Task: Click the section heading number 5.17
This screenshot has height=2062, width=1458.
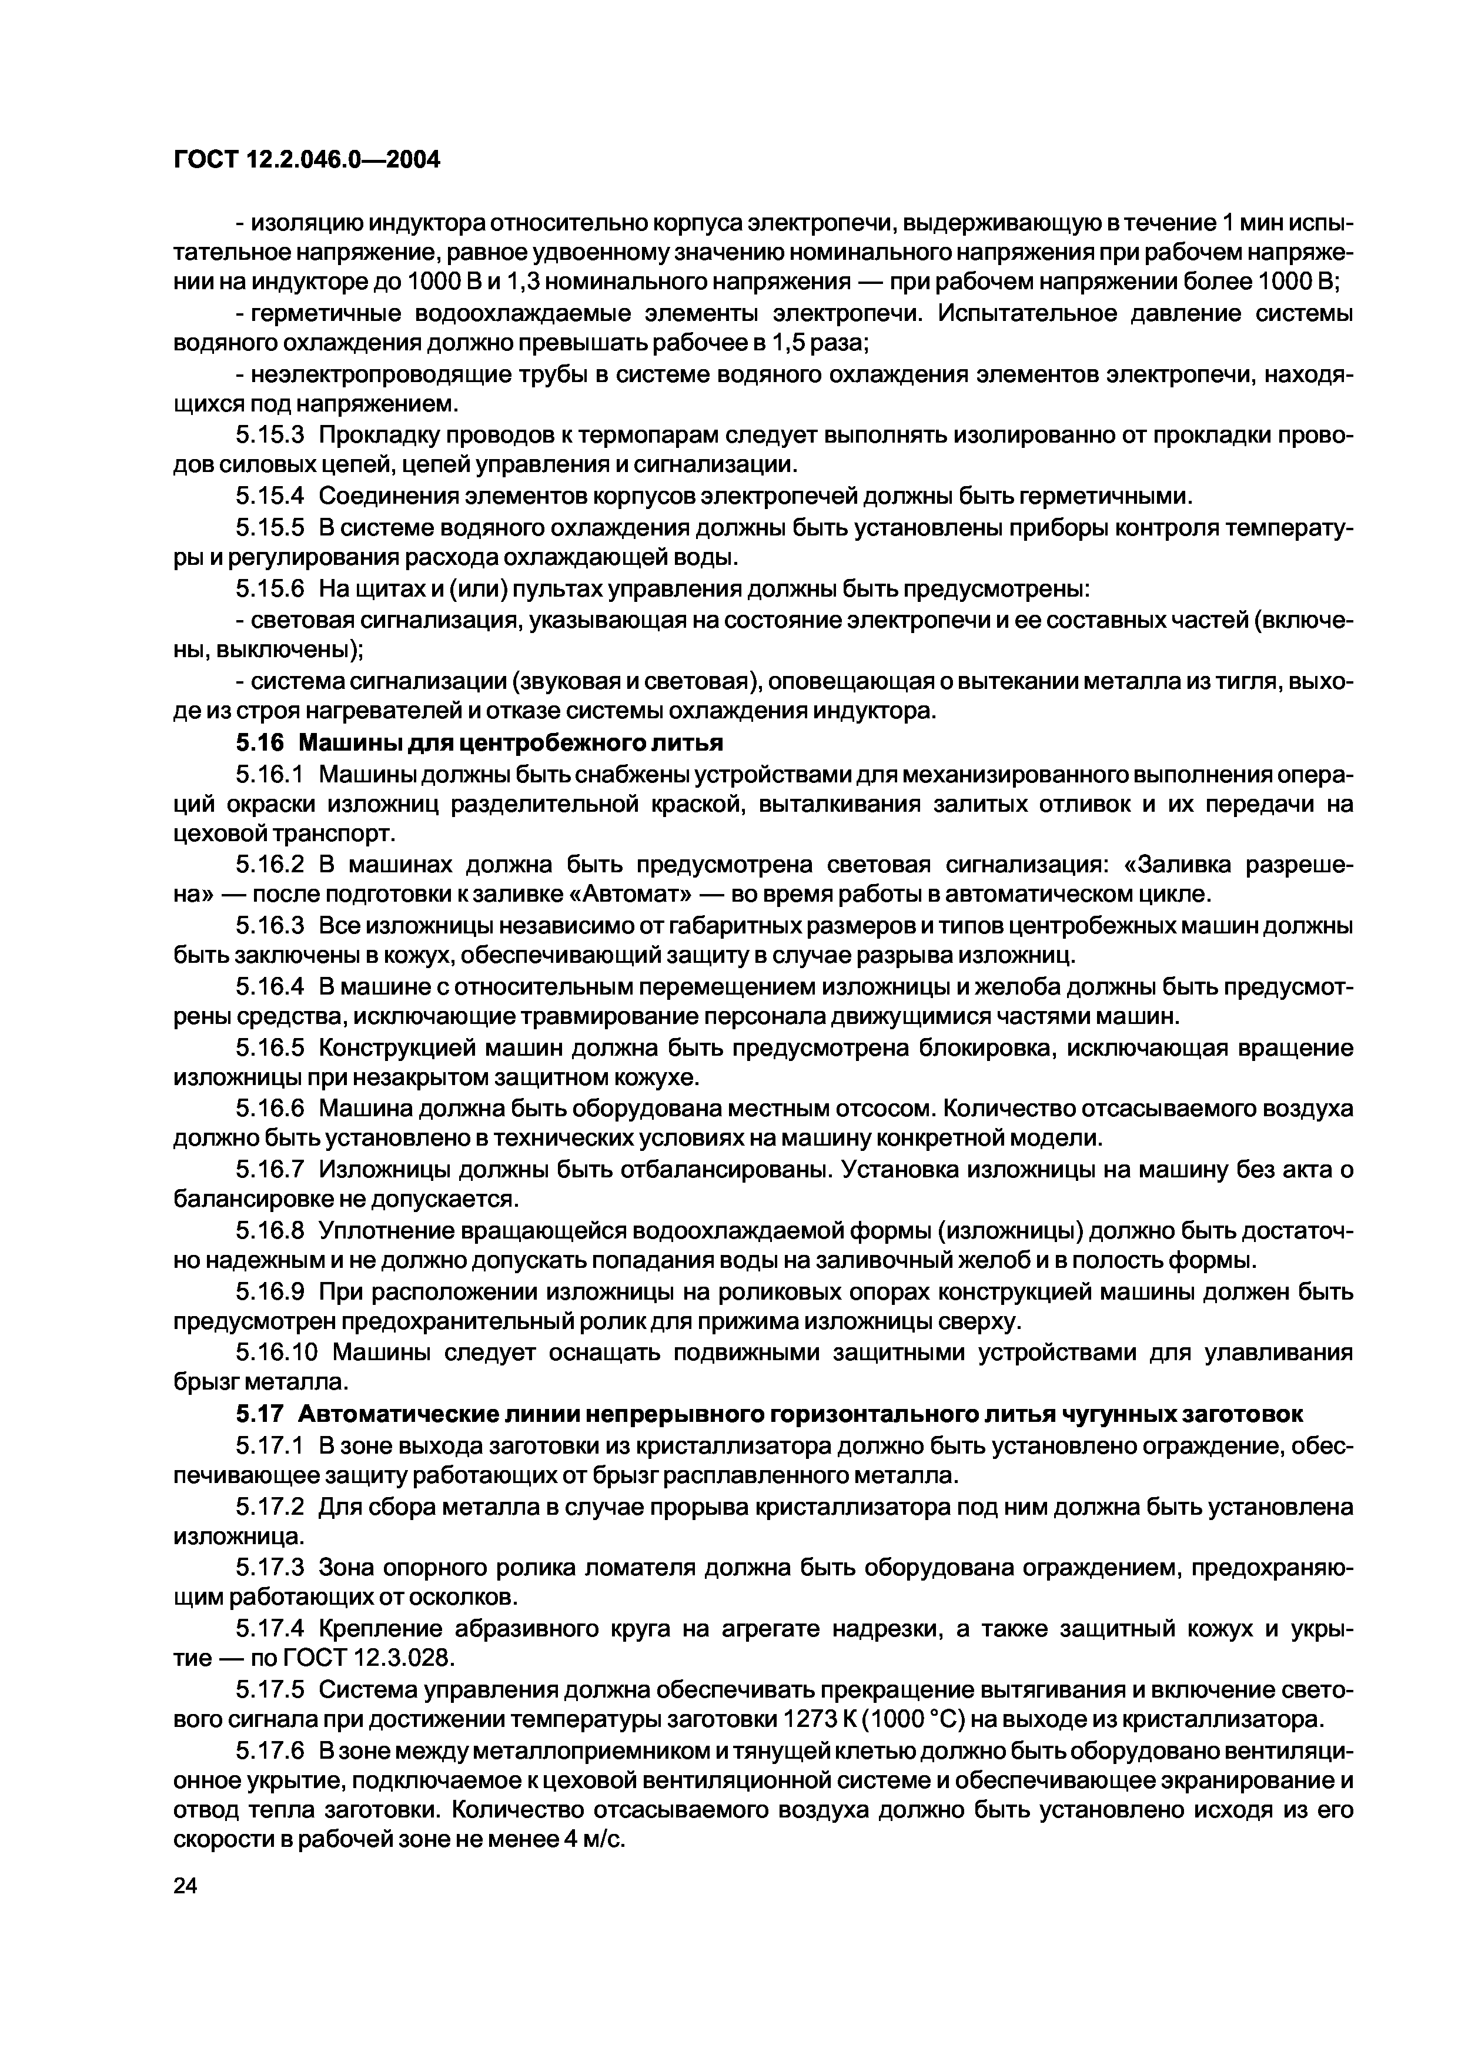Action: pos(260,1414)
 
